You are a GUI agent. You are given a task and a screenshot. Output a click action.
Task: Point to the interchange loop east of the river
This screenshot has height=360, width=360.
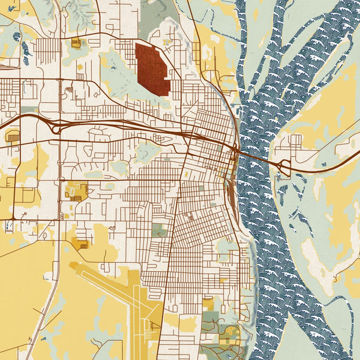click(x=283, y=166)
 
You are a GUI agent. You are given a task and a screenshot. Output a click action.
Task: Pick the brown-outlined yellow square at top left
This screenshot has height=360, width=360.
click(x=76, y=43)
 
